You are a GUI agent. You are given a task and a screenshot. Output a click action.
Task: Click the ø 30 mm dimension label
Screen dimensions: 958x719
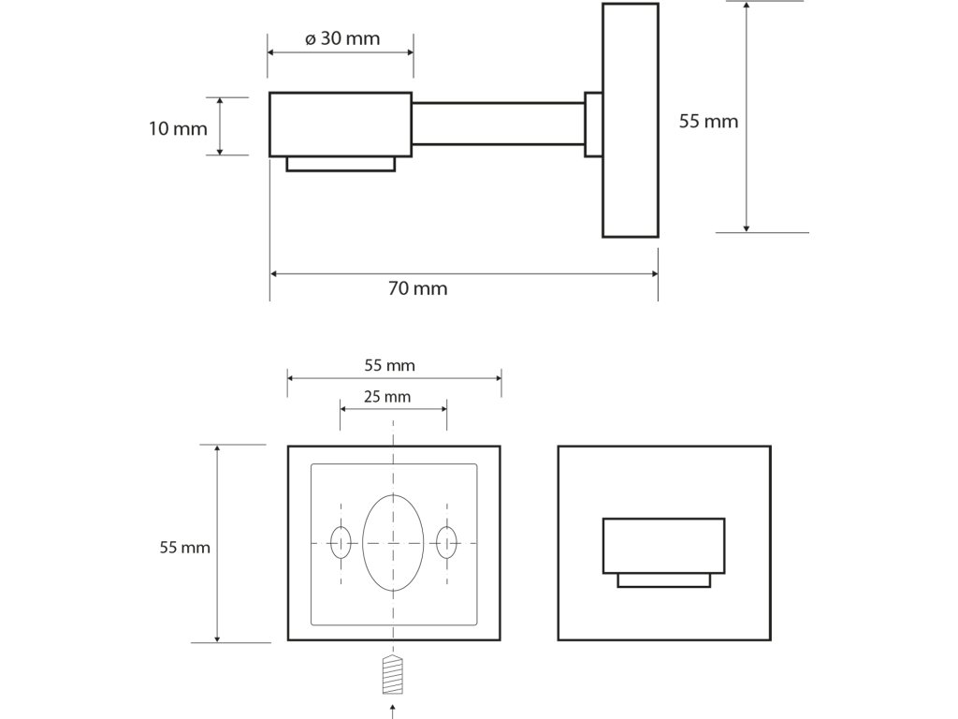(342, 38)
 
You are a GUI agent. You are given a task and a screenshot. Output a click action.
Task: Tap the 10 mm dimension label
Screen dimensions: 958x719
(178, 128)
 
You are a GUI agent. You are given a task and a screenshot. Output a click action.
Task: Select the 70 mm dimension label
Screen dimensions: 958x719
(417, 288)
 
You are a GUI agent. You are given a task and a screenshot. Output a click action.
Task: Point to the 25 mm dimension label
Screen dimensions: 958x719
(386, 397)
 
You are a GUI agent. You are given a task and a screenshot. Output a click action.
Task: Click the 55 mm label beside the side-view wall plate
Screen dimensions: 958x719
(708, 122)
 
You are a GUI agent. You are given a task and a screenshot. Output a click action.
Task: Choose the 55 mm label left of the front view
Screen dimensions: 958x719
(185, 547)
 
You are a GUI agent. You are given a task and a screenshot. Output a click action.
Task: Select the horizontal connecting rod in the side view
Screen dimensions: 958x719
(498, 124)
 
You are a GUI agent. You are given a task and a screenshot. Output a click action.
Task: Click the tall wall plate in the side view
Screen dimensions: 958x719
(630, 120)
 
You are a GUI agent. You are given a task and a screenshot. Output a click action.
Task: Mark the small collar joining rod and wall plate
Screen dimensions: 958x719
(593, 124)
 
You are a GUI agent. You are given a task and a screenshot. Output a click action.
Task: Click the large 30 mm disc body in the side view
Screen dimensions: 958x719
(341, 124)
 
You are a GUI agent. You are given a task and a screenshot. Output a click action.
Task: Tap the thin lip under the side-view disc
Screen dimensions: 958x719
(341, 164)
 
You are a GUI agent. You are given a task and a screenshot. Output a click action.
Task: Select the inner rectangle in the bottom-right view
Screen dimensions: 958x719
(663, 544)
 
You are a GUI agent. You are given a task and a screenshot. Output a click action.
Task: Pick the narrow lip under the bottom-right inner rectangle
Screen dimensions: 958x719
(663, 580)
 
